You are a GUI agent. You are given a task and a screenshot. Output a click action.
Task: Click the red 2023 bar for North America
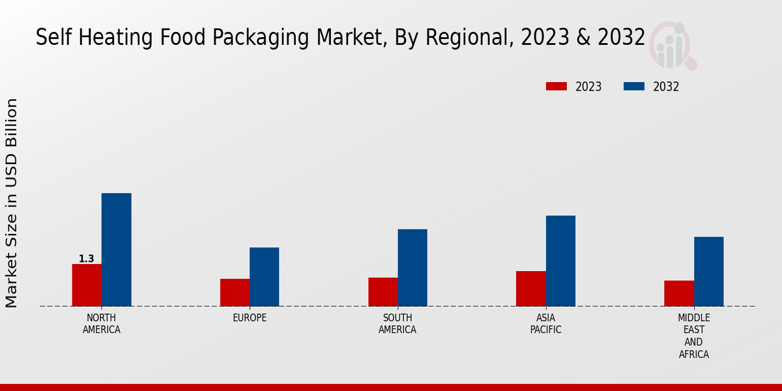tap(87, 285)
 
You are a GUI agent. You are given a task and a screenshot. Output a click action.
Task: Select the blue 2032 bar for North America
tap(116, 250)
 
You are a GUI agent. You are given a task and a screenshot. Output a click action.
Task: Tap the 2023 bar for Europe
tap(235, 293)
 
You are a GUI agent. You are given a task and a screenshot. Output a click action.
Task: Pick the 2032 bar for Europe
tap(264, 277)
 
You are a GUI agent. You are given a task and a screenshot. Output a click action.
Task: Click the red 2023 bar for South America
tap(383, 292)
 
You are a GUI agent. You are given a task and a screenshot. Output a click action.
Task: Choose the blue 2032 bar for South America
tap(413, 268)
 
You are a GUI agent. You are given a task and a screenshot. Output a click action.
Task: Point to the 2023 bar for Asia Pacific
tap(530, 289)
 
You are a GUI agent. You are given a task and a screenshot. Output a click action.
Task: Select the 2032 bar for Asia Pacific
tap(560, 261)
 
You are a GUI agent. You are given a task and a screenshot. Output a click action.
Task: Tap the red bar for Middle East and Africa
tap(679, 293)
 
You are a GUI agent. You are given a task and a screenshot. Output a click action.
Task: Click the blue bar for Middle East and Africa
tap(708, 271)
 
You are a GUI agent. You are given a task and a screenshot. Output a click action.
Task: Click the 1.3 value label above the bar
tap(87, 259)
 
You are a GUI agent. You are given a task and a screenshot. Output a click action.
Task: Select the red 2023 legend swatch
tap(557, 87)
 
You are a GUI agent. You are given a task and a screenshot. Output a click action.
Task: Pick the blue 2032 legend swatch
tap(634, 87)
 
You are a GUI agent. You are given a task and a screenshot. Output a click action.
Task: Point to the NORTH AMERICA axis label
tap(102, 324)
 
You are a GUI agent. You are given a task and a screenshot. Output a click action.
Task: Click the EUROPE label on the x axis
tap(250, 318)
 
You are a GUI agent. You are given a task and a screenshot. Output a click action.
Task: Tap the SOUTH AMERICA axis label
tap(398, 324)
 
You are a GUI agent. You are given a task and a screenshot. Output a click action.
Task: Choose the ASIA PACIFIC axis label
tap(545, 324)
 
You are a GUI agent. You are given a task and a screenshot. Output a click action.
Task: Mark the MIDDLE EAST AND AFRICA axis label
tap(693, 336)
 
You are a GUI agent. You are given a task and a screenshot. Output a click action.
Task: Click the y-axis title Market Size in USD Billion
tap(12, 203)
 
